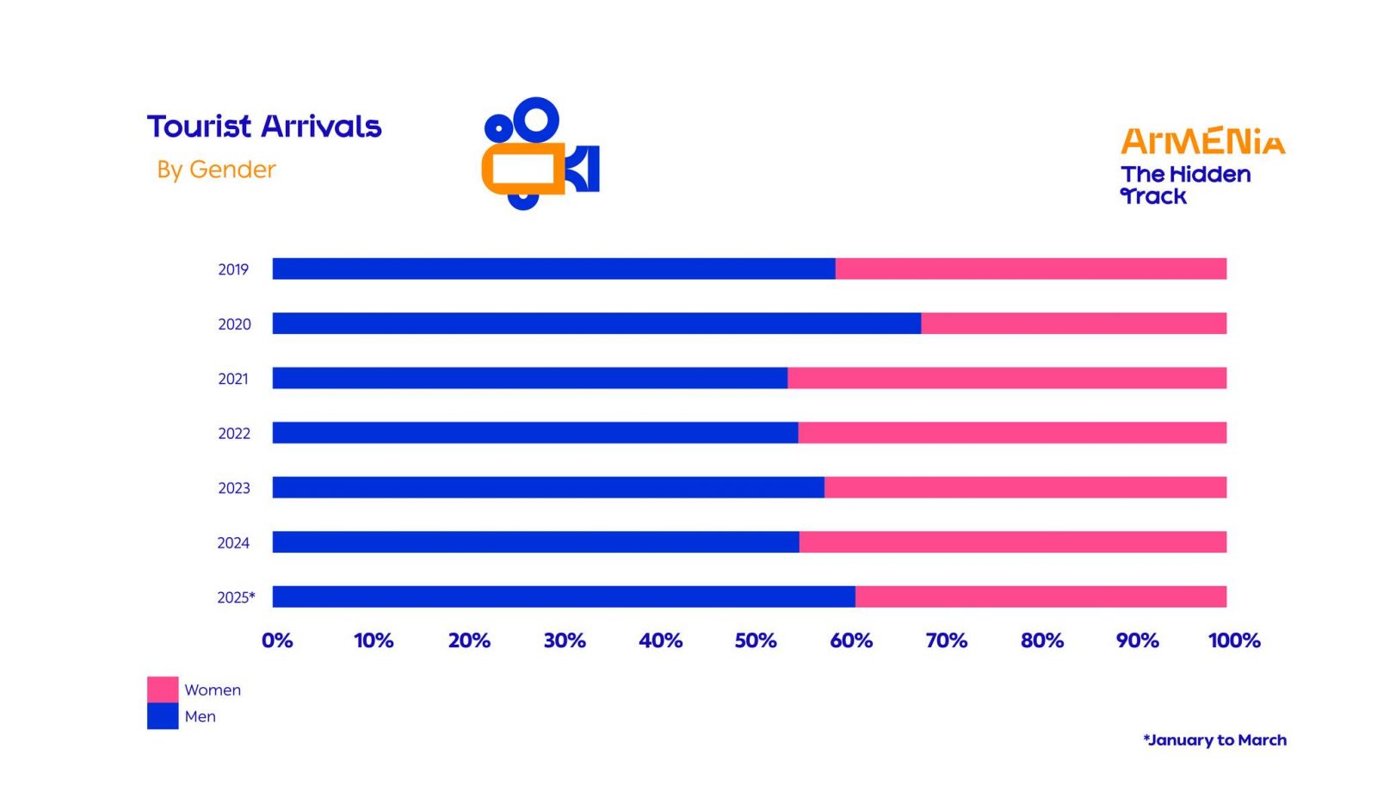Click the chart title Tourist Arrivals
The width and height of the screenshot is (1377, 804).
263,127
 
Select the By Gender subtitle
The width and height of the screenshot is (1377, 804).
216,170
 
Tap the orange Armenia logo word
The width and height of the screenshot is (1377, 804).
1202,142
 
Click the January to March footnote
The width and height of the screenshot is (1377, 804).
1214,740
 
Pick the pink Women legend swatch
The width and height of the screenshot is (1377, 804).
163,690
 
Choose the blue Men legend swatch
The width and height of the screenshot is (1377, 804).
163,716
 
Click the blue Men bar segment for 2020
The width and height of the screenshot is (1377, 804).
596,324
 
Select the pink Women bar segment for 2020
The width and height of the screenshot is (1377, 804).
1073,324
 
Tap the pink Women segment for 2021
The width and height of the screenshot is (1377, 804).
1007,378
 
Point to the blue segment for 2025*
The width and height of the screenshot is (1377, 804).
564,597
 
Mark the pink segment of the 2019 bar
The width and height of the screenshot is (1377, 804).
1030,269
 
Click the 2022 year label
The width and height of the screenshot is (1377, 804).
234,434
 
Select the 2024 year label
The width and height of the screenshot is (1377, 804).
233,543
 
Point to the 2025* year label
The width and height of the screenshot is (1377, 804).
236,597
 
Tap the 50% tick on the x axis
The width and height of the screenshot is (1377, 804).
756,640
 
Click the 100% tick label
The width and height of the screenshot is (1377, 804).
1234,640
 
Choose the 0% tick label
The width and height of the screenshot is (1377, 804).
277,640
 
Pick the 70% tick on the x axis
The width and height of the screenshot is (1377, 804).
947,640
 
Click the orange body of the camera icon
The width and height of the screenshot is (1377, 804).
522,170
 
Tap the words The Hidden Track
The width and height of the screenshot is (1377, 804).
1184,185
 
